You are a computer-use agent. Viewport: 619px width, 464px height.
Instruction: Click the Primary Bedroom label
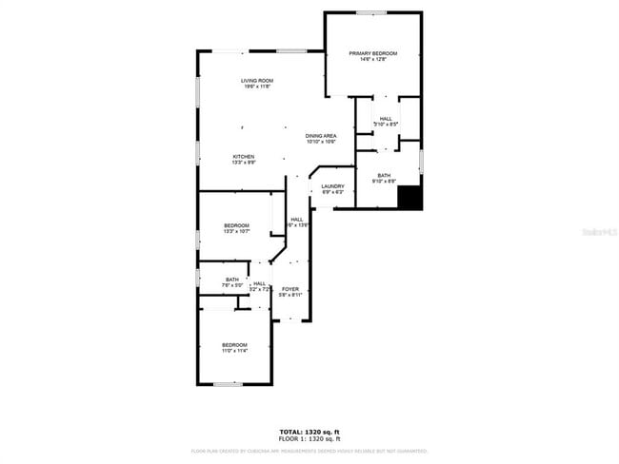(x=372, y=53)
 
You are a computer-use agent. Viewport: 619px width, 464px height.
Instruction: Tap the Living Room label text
(x=256, y=81)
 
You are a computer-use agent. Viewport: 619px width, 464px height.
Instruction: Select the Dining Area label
(x=321, y=136)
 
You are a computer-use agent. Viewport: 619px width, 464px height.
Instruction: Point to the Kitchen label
(x=245, y=156)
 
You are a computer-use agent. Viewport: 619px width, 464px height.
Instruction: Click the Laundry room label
(x=332, y=186)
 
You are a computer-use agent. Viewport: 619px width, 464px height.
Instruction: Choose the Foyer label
(x=290, y=289)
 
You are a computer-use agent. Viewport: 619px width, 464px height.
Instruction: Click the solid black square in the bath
(x=409, y=198)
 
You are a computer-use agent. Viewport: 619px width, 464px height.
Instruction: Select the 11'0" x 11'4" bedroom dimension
(x=234, y=351)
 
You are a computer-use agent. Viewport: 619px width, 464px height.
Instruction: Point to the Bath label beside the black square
(x=384, y=175)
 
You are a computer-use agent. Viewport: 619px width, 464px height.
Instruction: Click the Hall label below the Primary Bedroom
(x=386, y=119)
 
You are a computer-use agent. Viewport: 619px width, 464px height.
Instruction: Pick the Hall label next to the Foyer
(x=259, y=283)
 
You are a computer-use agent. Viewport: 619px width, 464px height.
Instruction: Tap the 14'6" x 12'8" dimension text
(x=372, y=60)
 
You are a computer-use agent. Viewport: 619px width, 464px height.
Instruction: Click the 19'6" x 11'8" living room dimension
(x=256, y=87)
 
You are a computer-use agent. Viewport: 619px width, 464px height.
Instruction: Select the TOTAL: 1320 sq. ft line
(x=309, y=433)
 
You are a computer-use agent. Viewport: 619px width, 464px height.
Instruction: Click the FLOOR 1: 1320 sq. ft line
(x=309, y=439)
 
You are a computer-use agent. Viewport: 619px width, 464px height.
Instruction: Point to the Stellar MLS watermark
(x=598, y=231)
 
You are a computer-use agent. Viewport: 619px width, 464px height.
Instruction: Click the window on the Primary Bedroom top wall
(x=371, y=12)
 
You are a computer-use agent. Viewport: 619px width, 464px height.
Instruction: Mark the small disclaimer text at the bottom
(x=309, y=451)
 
